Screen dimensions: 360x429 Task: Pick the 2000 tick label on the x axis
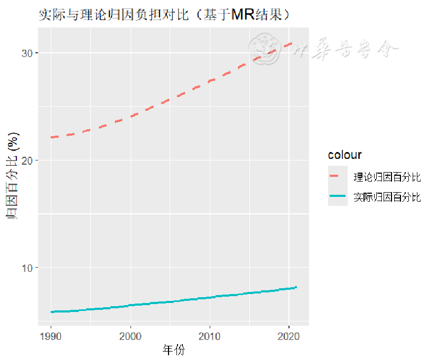pyautogui.click(x=130, y=336)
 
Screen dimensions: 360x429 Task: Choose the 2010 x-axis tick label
pyautogui.click(x=210, y=336)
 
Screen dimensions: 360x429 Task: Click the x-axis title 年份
pyautogui.click(x=174, y=350)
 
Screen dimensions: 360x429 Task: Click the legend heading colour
pyautogui.click(x=344, y=155)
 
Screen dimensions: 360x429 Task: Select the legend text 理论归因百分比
pyautogui.click(x=387, y=176)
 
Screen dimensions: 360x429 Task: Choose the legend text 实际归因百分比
pyautogui.click(x=387, y=197)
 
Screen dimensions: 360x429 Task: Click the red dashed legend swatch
pyautogui.click(x=337, y=176)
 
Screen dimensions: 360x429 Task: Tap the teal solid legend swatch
pyautogui.click(x=337, y=197)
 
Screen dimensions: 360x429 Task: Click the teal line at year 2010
pyautogui.click(x=210, y=297)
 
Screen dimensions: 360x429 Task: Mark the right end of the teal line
pyautogui.click(x=296, y=287)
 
